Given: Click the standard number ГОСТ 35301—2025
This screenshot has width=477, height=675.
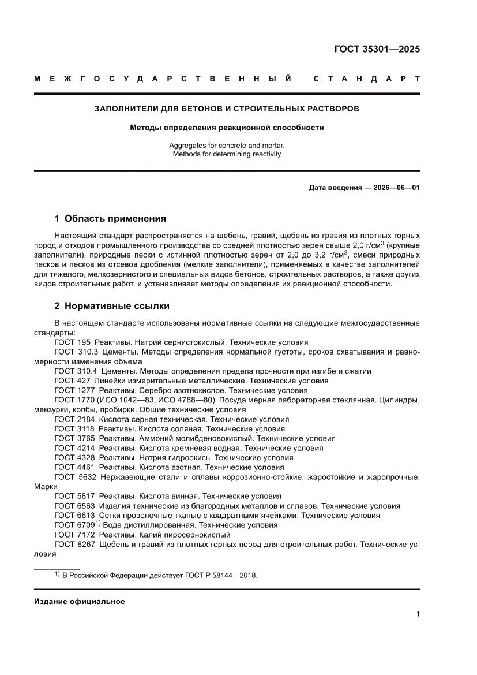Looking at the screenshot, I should pos(377,49).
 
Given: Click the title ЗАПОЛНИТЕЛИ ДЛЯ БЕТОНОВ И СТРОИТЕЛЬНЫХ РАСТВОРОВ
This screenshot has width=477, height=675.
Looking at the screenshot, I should pos(227,108).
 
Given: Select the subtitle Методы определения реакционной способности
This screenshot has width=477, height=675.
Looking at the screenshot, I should pos(227,128).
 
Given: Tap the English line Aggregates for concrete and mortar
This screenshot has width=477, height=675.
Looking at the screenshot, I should pos(227,146).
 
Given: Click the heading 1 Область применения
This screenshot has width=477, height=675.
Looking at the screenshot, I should pos(110,218).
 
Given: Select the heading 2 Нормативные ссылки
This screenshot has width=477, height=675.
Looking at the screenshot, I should pos(112,305).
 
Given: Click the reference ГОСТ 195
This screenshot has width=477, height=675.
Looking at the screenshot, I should pos(72,342).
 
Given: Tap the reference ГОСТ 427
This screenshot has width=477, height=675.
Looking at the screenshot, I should pos(72,381).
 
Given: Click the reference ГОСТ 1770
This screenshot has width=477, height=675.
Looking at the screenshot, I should pos(75,400).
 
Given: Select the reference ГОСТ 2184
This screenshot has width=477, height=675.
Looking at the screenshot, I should pos(75,419).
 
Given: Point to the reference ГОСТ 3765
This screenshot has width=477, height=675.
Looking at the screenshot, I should pos(75,438).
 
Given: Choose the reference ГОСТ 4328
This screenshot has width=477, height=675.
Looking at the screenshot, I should pos(75,457).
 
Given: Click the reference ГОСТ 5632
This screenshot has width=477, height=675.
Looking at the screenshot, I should pos(75,477).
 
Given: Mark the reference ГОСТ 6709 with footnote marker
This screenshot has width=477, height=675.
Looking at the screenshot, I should pos(77,525).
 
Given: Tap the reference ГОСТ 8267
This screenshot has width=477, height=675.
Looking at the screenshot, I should pos(75,544).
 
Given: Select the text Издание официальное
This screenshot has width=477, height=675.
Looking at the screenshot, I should pos(80,601).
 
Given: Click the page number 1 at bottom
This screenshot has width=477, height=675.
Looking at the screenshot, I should pos(418,614).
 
